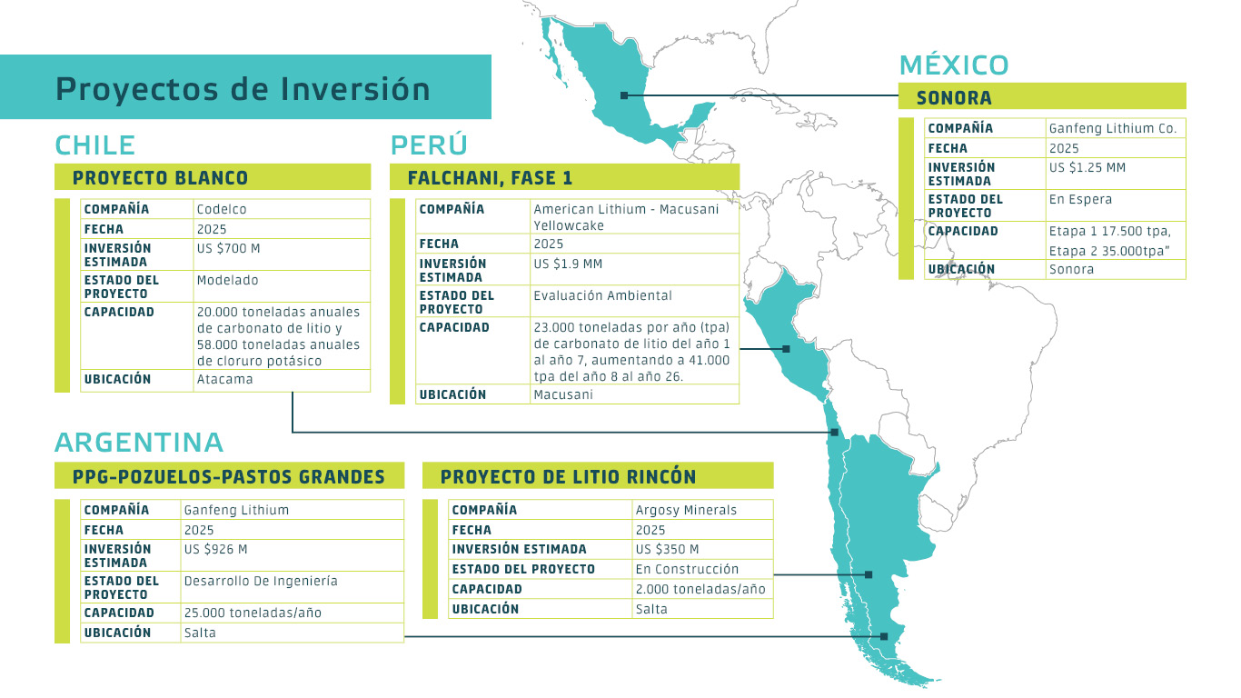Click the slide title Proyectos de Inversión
click(243, 89)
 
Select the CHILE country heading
click(94, 145)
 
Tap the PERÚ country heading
click(429, 145)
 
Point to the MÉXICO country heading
click(954, 65)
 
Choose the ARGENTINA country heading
click(139, 443)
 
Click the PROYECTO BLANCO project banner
click(160, 177)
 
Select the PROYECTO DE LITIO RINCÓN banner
click(568, 476)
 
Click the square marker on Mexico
click(624, 95)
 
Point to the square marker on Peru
click(786, 349)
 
